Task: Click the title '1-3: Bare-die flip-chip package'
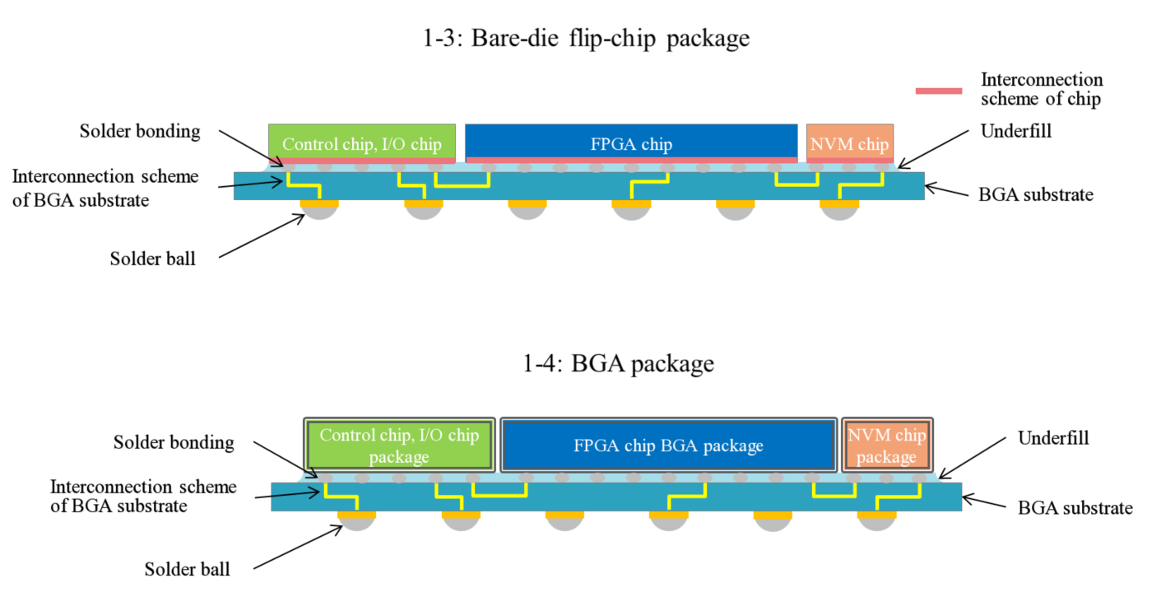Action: (x=586, y=39)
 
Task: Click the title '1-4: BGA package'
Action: (x=618, y=363)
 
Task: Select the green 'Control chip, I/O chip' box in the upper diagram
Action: (x=362, y=143)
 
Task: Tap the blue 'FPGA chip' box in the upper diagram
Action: (x=631, y=143)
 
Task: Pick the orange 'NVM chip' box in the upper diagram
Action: (x=850, y=143)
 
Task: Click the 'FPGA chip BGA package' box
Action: (x=669, y=445)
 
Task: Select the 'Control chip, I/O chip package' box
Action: (x=399, y=445)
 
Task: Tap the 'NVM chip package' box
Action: (x=887, y=445)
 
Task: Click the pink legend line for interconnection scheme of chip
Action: (x=939, y=91)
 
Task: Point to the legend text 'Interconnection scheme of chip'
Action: (x=1041, y=89)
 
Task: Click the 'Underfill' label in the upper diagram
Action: (x=1016, y=131)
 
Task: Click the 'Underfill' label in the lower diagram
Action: (x=1053, y=438)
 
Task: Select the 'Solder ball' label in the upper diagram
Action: (x=152, y=259)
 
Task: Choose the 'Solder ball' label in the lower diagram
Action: (x=187, y=569)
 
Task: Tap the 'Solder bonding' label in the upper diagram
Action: (x=140, y=131)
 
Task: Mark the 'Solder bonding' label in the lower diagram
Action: (x=174, y=442)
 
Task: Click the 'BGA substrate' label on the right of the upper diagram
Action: (x=1036, y=194)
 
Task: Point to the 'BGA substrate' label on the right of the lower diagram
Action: (x=1075, y=507)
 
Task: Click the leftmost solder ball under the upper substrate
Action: (x=319, y=212)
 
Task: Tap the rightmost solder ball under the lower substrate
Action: (x=876, y=524)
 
